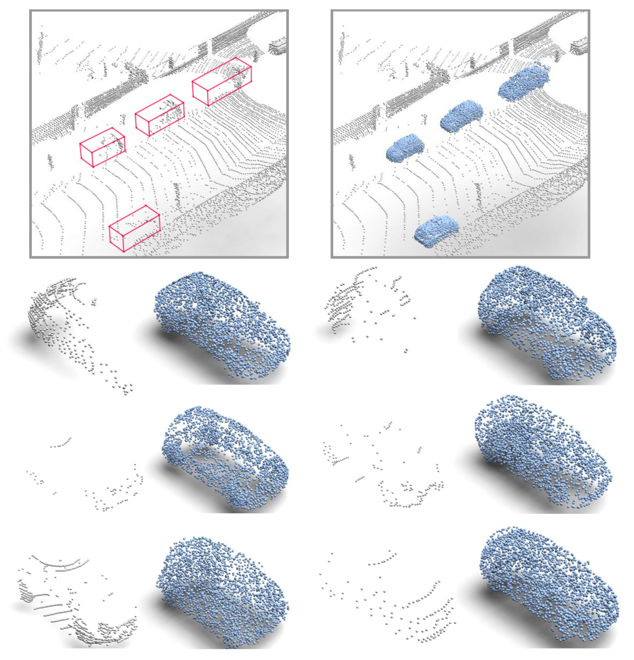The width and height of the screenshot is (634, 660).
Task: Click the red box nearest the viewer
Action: pyautogui.click(x=134, y=228)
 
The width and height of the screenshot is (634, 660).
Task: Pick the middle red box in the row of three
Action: pyautogui.click(x=159, y=115)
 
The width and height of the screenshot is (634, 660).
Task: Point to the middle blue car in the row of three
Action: pyautogui.click(x=461, y=115)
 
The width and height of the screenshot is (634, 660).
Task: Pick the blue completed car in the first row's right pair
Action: pyautogui.click(x=546, y=325)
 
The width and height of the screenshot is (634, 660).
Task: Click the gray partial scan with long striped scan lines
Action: pyautogui.click(x=77, y=599)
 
